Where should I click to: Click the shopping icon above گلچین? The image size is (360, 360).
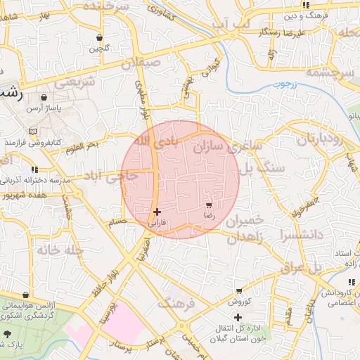[98, 37]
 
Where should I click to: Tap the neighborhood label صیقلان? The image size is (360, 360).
[141, 63]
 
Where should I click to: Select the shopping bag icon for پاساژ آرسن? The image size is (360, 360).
[44, 98]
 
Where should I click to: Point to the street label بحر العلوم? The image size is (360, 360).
[83, 146]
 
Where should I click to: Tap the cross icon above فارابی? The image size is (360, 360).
[156, 211]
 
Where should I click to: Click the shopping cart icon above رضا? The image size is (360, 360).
[209, 205]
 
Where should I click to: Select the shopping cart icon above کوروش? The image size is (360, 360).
[239, 290]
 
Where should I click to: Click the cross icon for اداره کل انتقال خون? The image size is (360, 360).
[238, 317]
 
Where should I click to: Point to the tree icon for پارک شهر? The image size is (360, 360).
[8, 334]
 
